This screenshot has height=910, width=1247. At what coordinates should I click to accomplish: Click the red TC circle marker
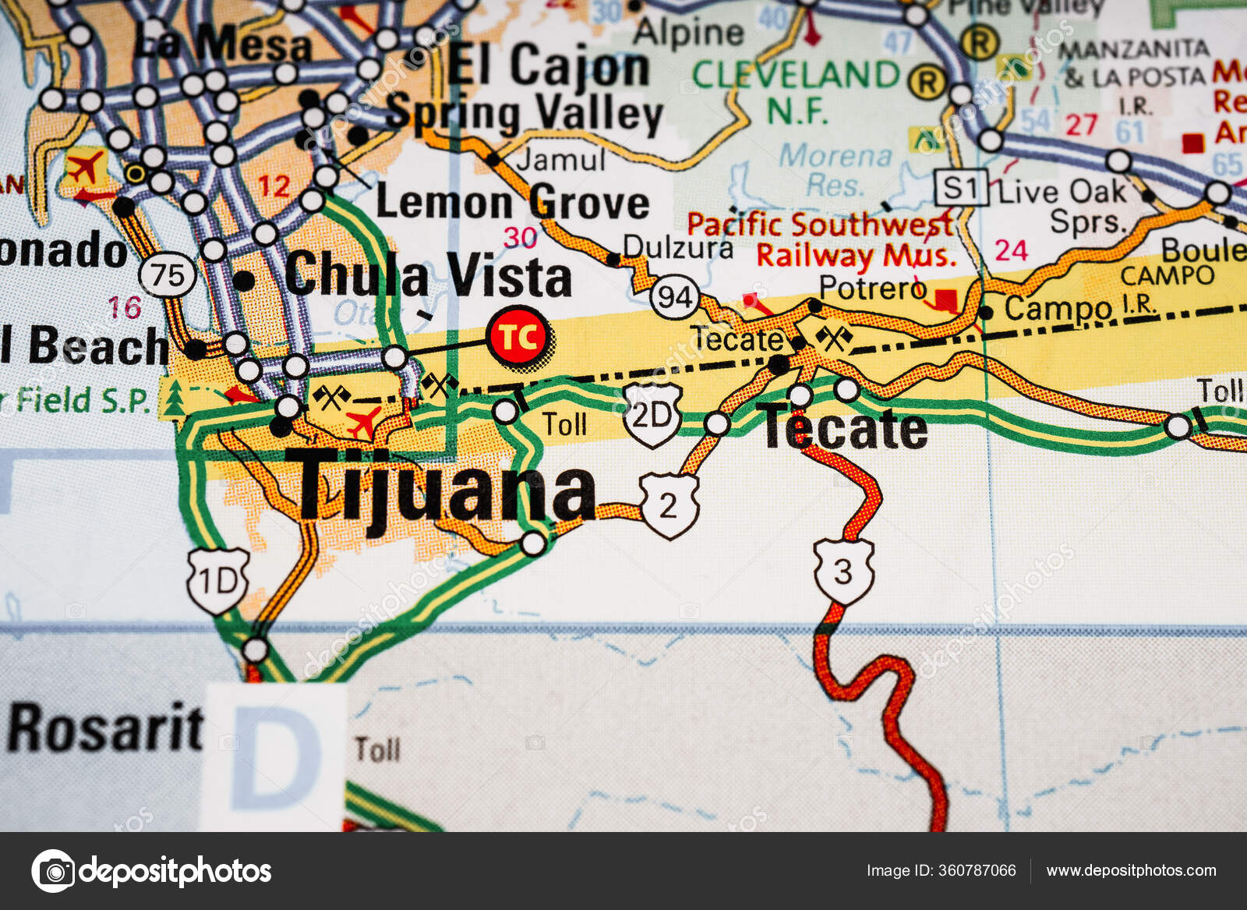pyautogui.click(x=518, y=337)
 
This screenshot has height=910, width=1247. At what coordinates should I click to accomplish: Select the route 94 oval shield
pyautogui.click(x=675, y=297)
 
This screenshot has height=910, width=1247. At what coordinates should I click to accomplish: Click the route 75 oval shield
pyautogui.click(x=167, y=275)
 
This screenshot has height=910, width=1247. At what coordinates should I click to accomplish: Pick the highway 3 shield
pyautogui.click(x=843, y=572)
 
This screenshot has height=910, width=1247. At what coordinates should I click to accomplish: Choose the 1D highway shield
pyautogui.click(x=217, y=581)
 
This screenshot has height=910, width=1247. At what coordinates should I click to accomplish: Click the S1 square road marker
pyautogui.click(x=961, y=188)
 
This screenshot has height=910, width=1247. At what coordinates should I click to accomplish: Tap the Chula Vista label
pyautogui.click(x=428, y=275)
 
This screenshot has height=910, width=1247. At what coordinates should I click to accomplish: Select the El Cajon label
pyautogui.click(x=549, y=66)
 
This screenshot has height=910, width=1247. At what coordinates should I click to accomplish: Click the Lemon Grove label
pyautogui.click(x=512, y=202)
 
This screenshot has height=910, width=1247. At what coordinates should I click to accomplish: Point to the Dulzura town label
pyautogui.click(x=677, y=247)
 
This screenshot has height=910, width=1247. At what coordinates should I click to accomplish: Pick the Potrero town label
pyautogui.click(x=872, y=288)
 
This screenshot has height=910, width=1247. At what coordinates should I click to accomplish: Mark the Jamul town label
pyautogui.click(x=560, y=160)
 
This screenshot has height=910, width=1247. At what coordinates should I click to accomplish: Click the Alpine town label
pyautogui.click(x=688, y=33)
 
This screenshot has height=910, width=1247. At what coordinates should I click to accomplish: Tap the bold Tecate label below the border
pyautogui.click(x=845, y=429)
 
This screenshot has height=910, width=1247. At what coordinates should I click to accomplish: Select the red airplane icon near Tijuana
pyautogui.click(x=363, y=423)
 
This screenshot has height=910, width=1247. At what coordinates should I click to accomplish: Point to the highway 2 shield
pyautogui.click(x=669, y=505)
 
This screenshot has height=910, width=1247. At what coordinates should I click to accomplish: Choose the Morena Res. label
pyautogui.click(x=835, y=170)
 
